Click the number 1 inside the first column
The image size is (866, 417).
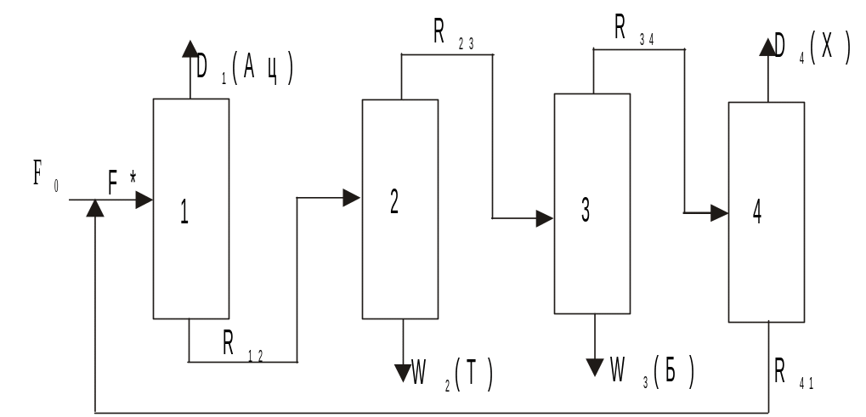(184, 212)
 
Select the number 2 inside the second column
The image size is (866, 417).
(394, 203)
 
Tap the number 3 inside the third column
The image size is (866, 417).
(586, 211)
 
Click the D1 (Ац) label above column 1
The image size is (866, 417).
(245, 68)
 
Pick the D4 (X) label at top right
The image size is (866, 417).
(812, 48)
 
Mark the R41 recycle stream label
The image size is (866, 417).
(795, 371)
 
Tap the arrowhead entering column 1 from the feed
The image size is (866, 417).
(144, 200)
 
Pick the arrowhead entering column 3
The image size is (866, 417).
(544, 219)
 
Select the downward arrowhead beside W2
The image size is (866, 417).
(403, 371)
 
